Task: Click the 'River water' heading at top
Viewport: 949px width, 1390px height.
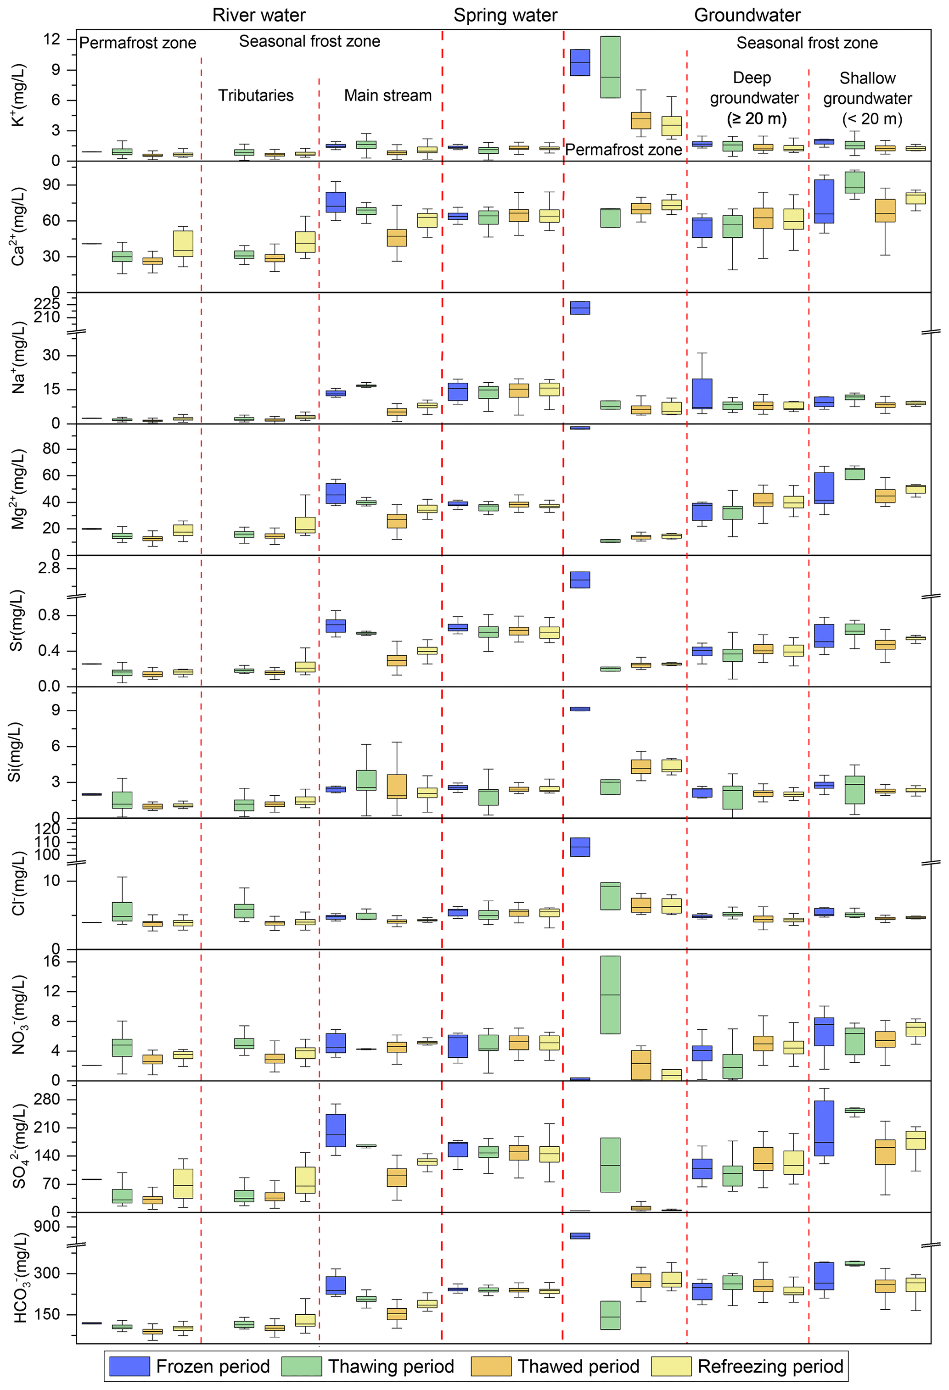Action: (258, 15)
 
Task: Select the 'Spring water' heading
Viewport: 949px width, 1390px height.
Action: (505, 15)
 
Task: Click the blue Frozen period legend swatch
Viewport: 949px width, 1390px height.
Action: (129, 1366)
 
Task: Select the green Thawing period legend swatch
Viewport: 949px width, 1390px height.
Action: (302, 1366)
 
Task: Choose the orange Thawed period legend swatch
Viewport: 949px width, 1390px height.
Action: (491, 1366)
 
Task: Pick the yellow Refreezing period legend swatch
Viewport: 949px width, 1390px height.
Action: (671, 1366)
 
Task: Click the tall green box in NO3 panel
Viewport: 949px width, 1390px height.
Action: (610, 994)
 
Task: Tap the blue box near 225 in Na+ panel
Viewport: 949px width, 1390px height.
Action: (580, 307)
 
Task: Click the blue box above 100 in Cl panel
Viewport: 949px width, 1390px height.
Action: (580, 847)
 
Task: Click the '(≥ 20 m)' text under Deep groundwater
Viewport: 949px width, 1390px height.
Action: (756, 118)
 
